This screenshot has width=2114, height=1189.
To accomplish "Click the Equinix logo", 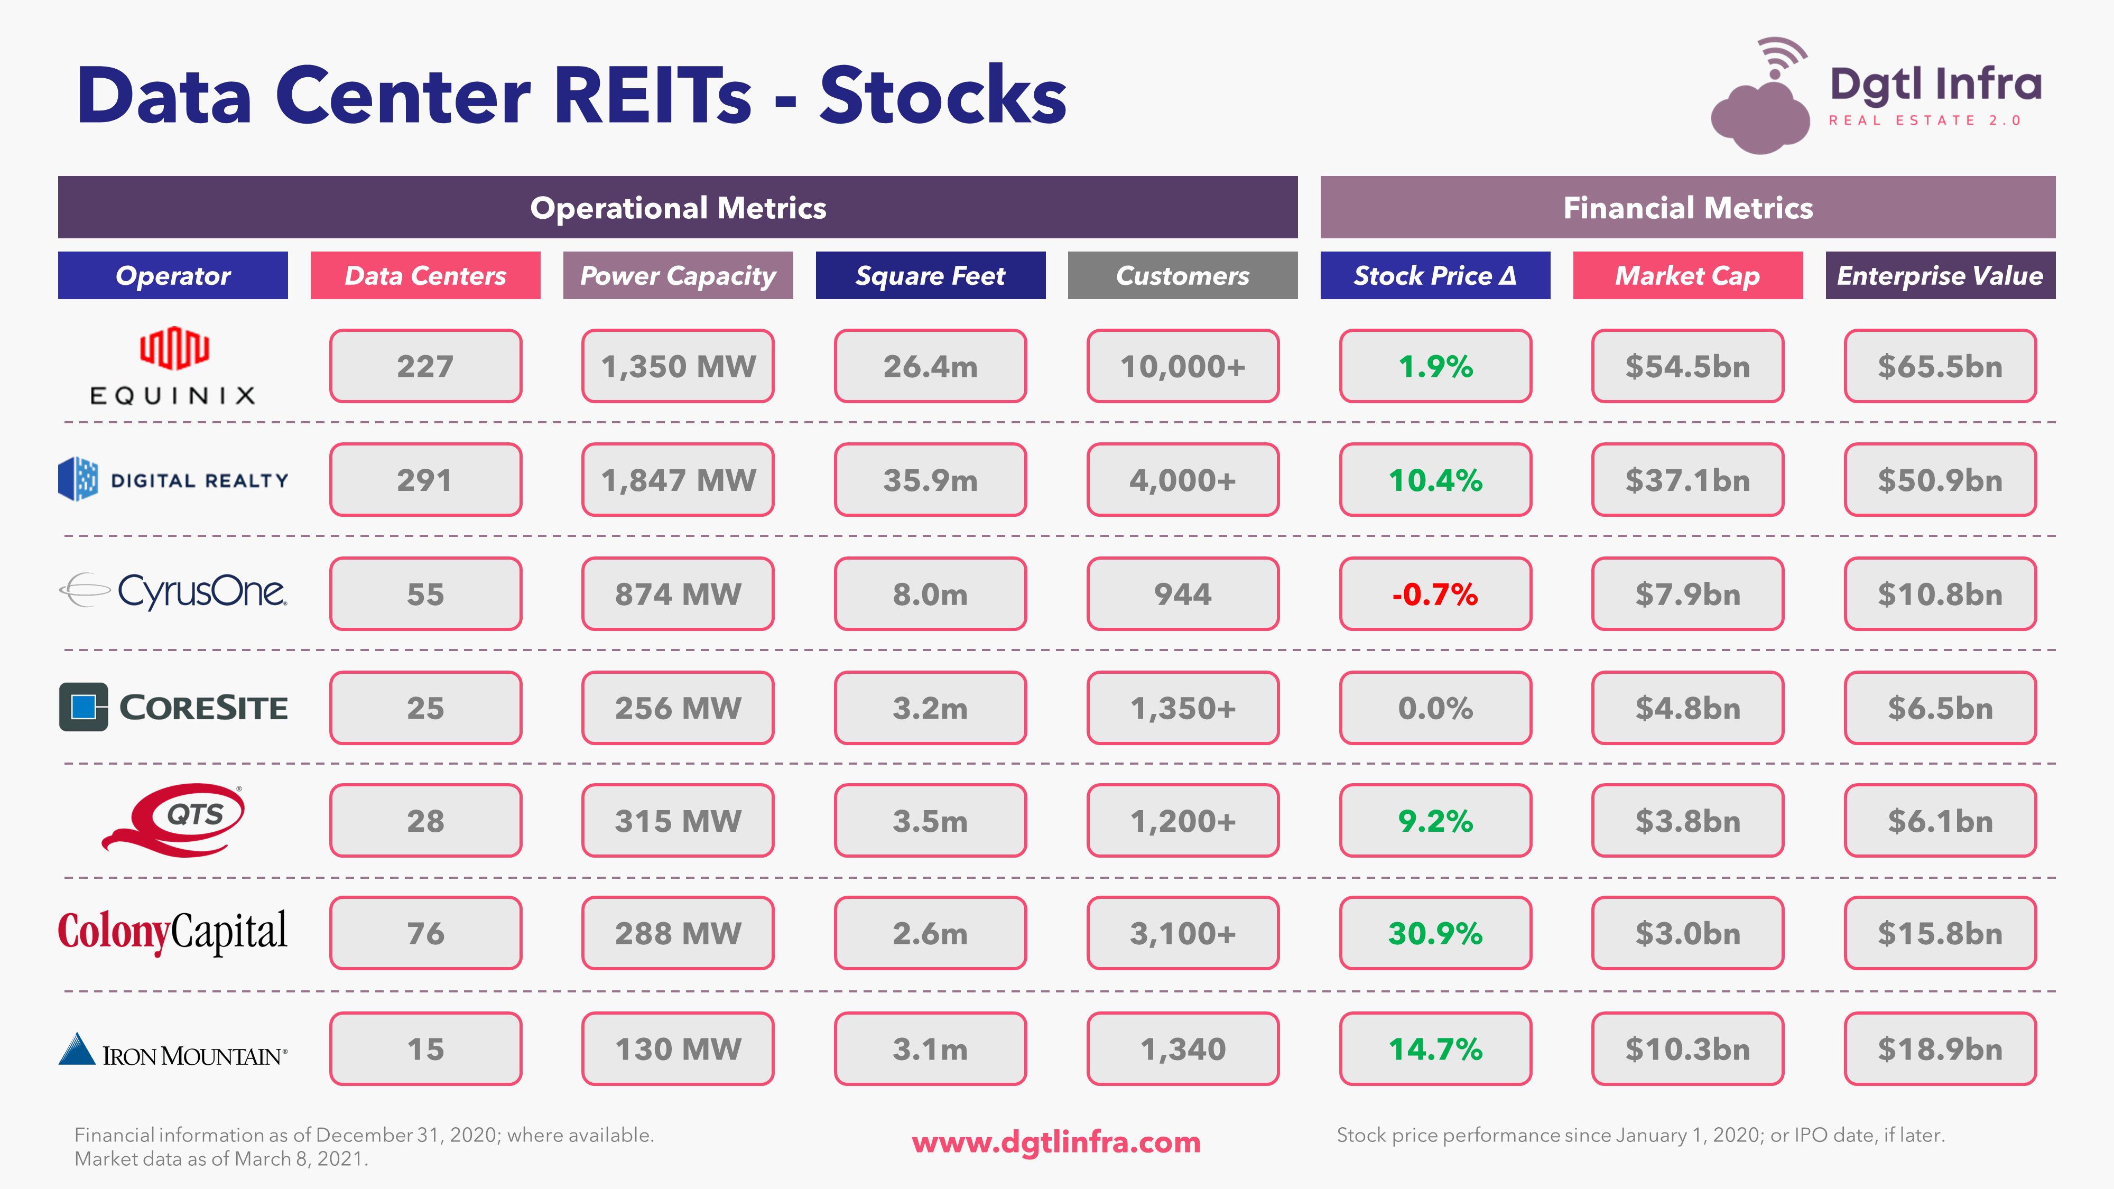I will click(x=173, y=366).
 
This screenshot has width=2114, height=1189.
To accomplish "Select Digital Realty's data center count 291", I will click(x=425, y=480).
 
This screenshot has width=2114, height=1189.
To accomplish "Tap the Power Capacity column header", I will click(x=678, y=276).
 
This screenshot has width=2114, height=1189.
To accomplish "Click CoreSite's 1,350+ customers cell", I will click(x=1183, y=708).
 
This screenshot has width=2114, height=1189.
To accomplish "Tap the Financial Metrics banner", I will click(x=1688, y=208).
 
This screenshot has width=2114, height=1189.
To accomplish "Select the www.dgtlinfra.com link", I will click(x=1056, y=1141).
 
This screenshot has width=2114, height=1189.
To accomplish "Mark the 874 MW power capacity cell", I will click(x=678, y=594).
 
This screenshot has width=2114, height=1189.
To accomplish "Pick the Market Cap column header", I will click(x=1688, y=276).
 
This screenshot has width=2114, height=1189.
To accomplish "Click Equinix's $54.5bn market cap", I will click(x=1688, y=366).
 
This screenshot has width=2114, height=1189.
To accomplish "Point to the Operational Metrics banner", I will click(x=678, y=208).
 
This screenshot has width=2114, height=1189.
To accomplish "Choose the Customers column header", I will click(x=1183, y=276).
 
